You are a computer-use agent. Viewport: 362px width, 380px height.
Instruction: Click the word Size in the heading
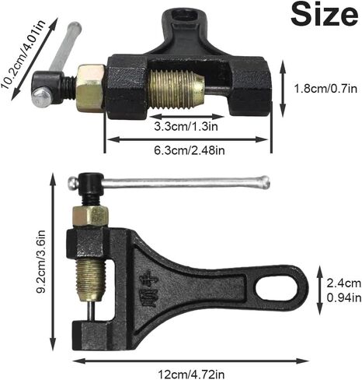point(324,15)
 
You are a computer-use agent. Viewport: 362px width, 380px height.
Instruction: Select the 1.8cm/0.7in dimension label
point(325,89)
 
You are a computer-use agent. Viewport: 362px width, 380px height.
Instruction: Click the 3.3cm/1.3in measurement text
point(186,126)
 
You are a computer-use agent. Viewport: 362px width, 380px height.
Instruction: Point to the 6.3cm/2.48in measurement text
point(190,150)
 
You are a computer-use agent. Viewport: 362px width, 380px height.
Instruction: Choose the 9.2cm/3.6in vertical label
point(40,262)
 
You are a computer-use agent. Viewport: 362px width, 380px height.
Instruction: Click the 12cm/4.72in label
point(191,375)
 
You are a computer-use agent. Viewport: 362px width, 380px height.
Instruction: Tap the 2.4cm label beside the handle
point(343,283)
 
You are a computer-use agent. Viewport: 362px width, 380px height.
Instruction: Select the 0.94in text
point(343,297)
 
